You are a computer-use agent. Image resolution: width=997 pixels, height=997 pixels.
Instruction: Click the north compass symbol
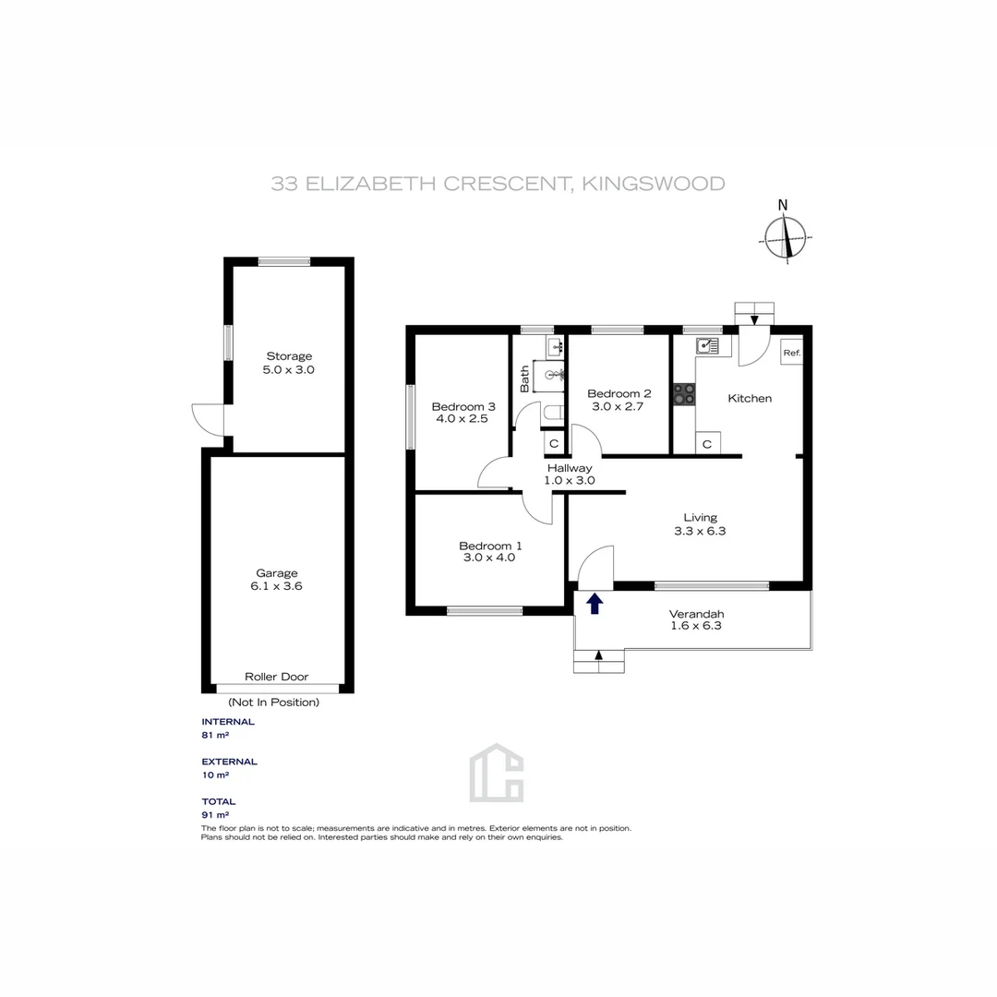786,238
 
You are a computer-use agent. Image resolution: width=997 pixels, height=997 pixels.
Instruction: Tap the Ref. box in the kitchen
791,353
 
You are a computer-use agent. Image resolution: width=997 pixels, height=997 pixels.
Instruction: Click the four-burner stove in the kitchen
684,394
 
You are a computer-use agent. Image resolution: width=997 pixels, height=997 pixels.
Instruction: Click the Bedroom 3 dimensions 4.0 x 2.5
463,419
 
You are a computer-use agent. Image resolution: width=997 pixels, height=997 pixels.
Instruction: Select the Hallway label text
570,468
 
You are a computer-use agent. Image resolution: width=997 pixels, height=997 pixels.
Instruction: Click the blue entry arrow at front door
595,604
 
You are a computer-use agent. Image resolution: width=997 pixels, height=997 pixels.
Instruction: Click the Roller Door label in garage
277,677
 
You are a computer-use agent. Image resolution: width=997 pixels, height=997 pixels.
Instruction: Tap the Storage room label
289,356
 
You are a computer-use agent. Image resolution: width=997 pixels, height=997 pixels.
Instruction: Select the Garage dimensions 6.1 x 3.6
277,585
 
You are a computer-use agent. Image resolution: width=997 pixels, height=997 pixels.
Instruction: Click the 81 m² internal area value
214,736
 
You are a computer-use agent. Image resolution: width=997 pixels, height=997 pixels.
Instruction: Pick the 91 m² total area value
214,815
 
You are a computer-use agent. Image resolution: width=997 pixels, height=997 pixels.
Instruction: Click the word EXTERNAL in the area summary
229,762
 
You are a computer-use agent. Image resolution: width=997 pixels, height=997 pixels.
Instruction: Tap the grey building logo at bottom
497,773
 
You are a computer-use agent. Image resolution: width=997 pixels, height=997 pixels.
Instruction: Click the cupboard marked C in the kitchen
706,444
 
